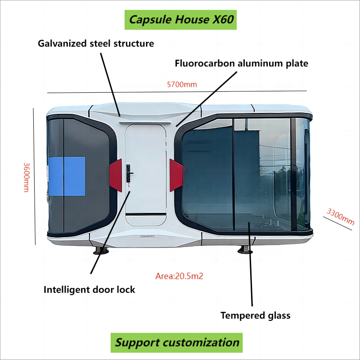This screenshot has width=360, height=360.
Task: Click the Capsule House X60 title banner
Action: (180, 20)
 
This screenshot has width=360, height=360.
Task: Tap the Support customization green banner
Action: (176, 342)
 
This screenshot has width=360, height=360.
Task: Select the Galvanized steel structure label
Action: (96, 43)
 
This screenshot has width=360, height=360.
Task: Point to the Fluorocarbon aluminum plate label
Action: (242, 63)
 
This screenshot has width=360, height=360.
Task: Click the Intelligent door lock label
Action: (89, 290)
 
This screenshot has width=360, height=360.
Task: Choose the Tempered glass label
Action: (255, 315)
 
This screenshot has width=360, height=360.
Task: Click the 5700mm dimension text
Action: (182, 85)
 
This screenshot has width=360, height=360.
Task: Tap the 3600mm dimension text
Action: (27, 177)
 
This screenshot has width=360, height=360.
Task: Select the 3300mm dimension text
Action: (341, 216)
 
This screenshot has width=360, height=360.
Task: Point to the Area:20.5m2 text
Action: (179, 276)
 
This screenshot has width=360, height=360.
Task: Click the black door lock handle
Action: (129, 174)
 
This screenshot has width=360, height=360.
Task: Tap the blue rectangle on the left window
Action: (67, 176)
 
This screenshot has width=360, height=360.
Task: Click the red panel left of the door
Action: (116, 175)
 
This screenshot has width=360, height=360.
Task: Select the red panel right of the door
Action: (176, 175)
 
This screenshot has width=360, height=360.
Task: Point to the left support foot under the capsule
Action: (101, 251)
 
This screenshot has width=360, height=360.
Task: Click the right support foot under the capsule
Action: (245, 250)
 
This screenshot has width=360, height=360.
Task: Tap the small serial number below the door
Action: (147, 236)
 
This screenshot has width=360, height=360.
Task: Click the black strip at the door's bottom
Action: (146, 215)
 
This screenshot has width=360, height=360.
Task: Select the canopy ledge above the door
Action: (145, 123)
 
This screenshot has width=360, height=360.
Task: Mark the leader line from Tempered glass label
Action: (251, 264)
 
